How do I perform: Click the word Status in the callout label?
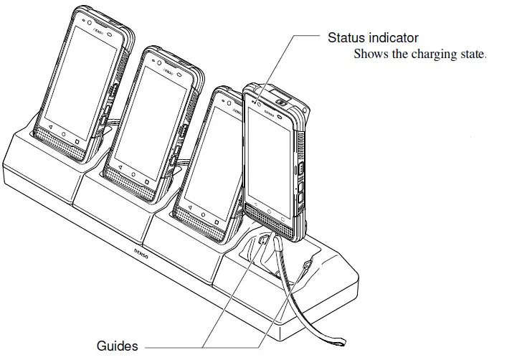[344, 37]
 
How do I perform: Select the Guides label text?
[117, 346]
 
